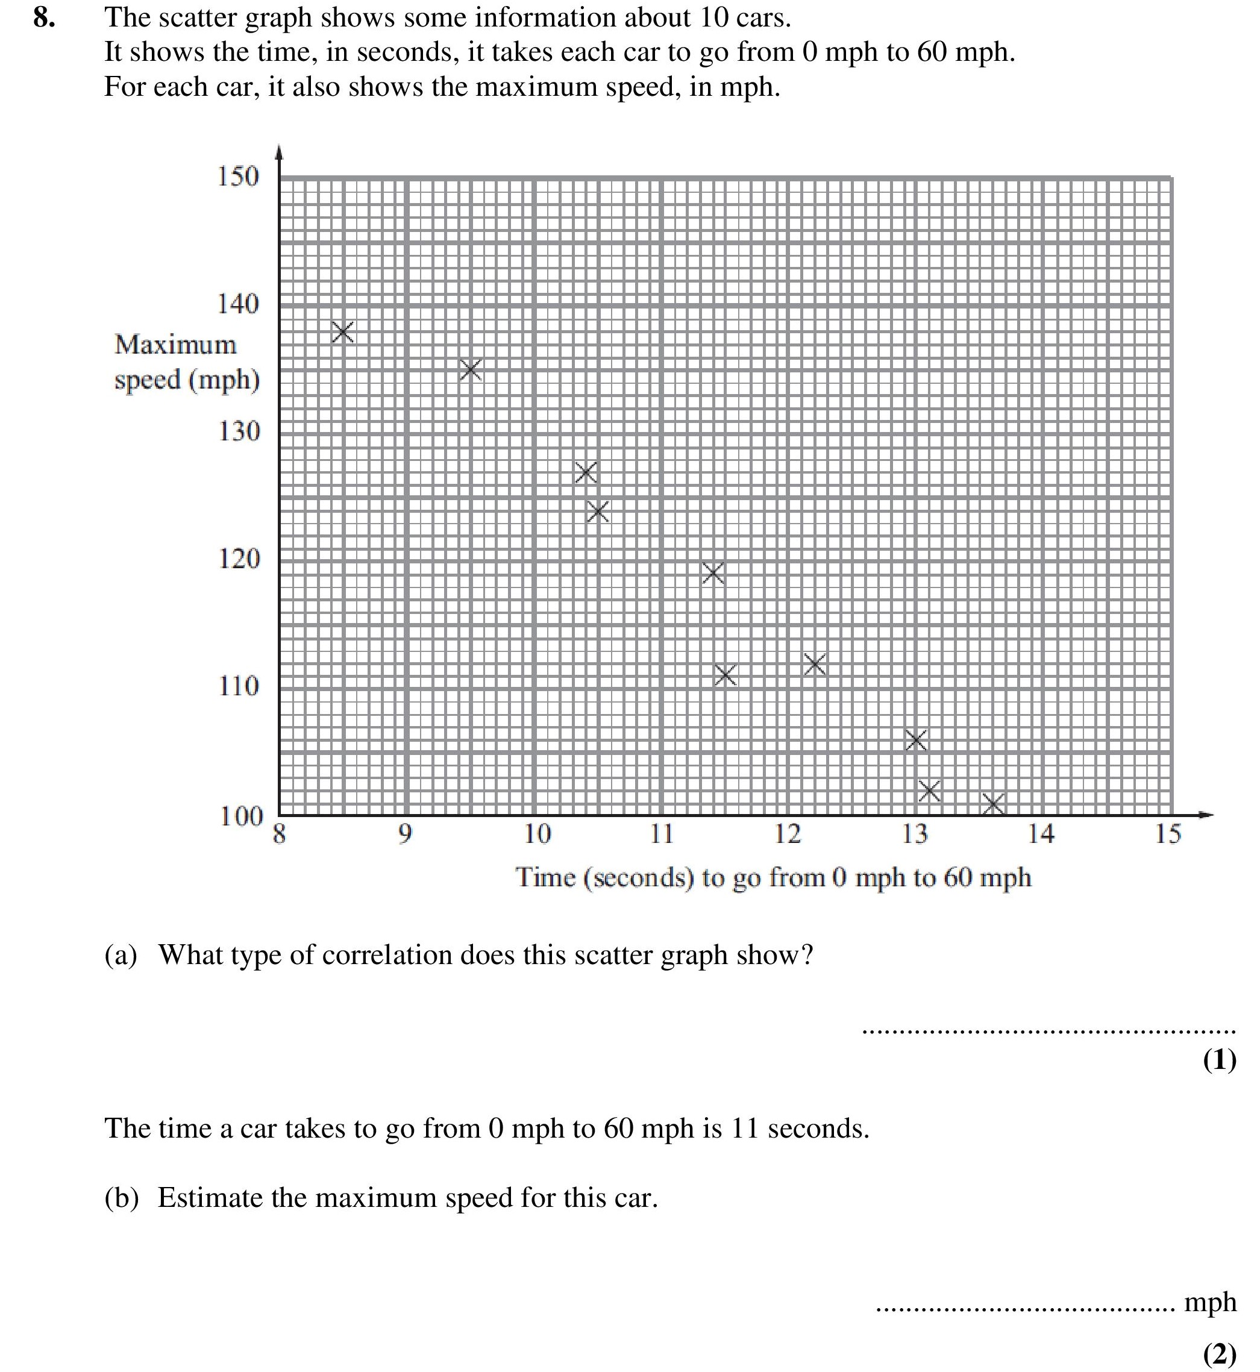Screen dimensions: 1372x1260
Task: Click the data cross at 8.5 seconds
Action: click(342, 332)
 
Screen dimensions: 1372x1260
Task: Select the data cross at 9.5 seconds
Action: click(471, 371)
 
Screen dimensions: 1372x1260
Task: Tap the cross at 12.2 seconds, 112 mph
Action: click(815, 663)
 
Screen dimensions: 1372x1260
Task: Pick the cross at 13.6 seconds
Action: click(994, 804)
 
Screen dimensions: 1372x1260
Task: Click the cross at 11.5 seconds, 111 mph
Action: click(726, 675)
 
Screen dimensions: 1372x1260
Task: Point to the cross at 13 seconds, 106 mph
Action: click(917, 740)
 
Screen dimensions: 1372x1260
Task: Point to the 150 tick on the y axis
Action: click(238, 176)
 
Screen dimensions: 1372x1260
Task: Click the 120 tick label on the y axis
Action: click(239, 559)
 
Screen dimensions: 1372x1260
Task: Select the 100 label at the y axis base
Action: click(240, 816)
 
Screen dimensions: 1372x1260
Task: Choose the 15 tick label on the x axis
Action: click(1168, 833)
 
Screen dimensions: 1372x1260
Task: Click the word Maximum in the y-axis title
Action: click(175, 345)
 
